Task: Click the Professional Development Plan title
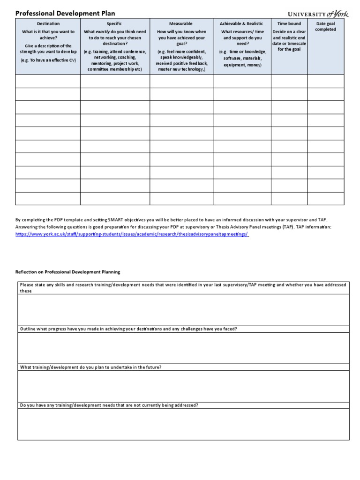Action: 65,14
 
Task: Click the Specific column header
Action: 115,23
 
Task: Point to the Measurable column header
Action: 181,23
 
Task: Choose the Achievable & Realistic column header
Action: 241,23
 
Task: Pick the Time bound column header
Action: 289,23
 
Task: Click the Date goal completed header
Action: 325,26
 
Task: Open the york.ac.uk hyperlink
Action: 132,234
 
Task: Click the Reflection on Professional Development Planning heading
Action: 68,271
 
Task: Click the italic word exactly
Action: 103,32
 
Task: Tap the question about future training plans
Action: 91,367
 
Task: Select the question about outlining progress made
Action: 128,329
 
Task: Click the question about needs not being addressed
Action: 109,405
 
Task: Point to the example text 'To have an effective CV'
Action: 48,60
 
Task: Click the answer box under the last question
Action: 183,424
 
